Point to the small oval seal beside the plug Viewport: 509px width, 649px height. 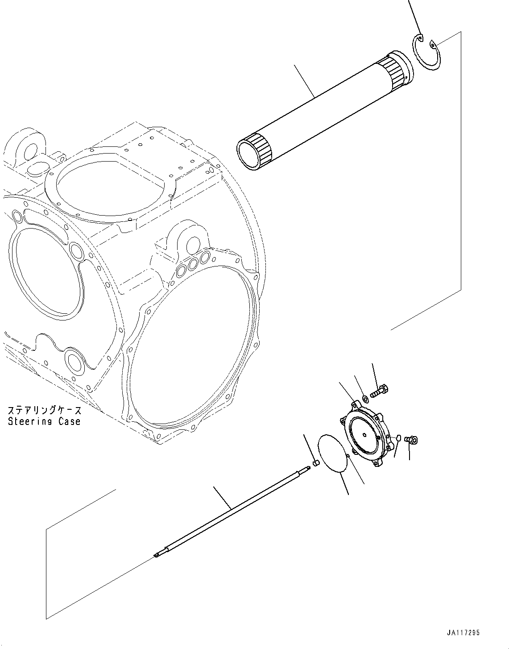coord(399,438)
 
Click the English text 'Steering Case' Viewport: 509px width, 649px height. coord(44,421)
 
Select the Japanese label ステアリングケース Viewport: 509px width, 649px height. coord(44,410)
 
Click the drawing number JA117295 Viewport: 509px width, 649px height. coord(463,632)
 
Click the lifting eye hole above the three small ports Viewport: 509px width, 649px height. coord(193,244)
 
